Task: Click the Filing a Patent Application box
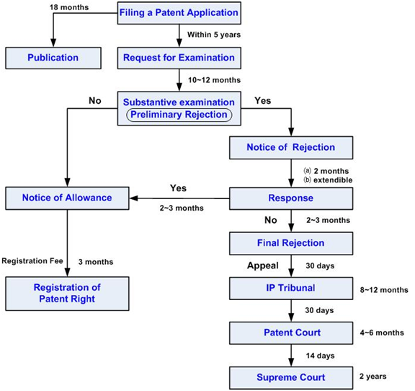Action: [x=179, y=13]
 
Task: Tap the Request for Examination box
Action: [x=179, y=57]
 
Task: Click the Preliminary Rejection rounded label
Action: [x=179, y=114]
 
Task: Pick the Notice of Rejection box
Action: [x=291, y=147]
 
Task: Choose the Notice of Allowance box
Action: [x=67, y=198]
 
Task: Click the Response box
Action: [x=291, y=198]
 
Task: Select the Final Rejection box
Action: [x=291, y=243]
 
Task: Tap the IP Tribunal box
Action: [x=291, y=289]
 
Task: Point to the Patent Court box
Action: [x=291, y=333]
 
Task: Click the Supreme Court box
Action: [x=291, y=377]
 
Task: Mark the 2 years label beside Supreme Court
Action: [x=373, y=377]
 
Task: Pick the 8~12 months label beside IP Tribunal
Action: [x=383, y=289]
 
